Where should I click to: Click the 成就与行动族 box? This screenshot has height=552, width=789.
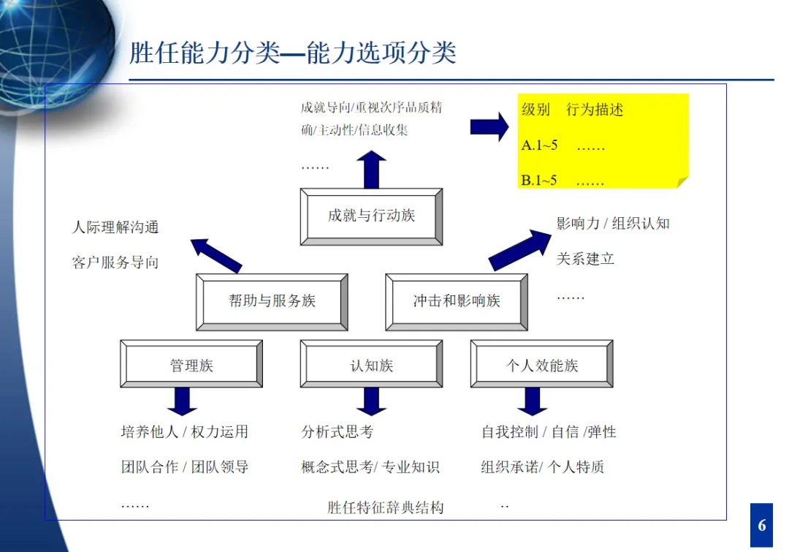(x=371, y=216)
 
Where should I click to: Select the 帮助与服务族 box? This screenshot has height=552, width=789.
(x=272, y=301)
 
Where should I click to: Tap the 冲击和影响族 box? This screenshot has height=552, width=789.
(x=457, y=301)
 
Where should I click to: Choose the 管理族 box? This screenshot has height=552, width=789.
(x=191, y=365)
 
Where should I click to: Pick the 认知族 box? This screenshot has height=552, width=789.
(x=371, y=365)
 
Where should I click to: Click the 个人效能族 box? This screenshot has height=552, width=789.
(x=542, y=365)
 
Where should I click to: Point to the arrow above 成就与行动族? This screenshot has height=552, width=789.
(x=371, y=169)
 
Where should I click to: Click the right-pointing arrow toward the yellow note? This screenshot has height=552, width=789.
(x=489, y=126)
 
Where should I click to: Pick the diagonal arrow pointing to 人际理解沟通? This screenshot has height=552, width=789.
(x=216, y=255)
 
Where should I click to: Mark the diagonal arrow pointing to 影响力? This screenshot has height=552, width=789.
(x=520, y=249)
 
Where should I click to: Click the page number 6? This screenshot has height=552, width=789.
(x=762, y=525)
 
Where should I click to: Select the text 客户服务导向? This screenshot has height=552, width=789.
(x=115, y=262)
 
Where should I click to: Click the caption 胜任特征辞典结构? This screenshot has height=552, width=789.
(x=385, y=507)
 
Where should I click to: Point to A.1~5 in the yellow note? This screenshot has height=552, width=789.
(x=540, y=145)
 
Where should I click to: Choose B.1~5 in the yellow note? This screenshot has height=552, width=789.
(x=540, y=180)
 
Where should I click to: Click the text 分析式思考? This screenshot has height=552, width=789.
(x=337, y=432)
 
